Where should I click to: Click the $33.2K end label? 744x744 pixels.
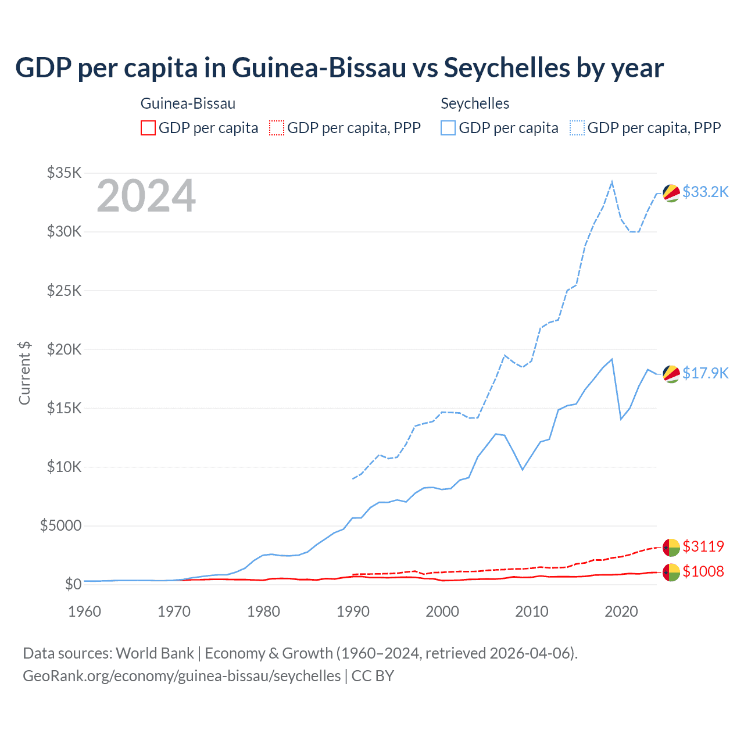(705, 192)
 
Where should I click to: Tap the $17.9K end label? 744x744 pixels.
(705, 373)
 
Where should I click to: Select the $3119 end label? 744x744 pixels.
(703, 546)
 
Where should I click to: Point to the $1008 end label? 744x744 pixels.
(703, 571)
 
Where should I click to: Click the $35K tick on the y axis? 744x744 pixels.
(65, 173)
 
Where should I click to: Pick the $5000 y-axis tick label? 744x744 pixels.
(60, 525)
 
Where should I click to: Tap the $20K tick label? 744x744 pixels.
(65, 349)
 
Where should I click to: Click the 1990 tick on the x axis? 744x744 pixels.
(353, 611)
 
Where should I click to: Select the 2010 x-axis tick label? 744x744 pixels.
(532, 611)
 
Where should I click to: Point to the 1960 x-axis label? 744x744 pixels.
(85, 611)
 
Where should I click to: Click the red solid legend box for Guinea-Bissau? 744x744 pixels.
(148, 128)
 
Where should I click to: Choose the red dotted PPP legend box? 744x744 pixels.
(277, 128)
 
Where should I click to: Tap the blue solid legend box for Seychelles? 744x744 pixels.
(448, 128)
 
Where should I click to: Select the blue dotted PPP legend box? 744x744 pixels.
(577, 128)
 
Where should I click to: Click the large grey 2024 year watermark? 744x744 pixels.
(146, 196)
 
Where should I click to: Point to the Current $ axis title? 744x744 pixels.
(24, 373)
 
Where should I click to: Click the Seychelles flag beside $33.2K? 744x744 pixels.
(671, 193)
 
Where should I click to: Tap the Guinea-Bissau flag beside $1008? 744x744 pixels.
(671, 572)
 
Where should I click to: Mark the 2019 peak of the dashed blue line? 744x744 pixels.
(612, 182)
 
